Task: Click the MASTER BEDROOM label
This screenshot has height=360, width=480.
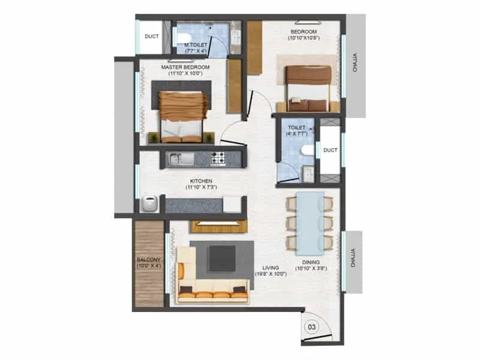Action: (185, 67)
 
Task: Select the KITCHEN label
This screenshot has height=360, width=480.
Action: (202, 180)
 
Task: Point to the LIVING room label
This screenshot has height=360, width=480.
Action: (265, 268)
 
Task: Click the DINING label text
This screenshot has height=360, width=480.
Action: (311, 263)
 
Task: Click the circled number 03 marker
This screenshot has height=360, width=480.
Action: (312, 327)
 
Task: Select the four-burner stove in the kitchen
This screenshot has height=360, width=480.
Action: (217, 159)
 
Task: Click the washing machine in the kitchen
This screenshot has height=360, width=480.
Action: (149, 204)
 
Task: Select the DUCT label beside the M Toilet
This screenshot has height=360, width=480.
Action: (152, 37)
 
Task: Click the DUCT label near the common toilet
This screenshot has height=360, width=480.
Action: (329, 151)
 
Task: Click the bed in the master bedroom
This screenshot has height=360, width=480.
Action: (184, 114)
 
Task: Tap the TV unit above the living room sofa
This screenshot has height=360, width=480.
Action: (218, 226)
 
